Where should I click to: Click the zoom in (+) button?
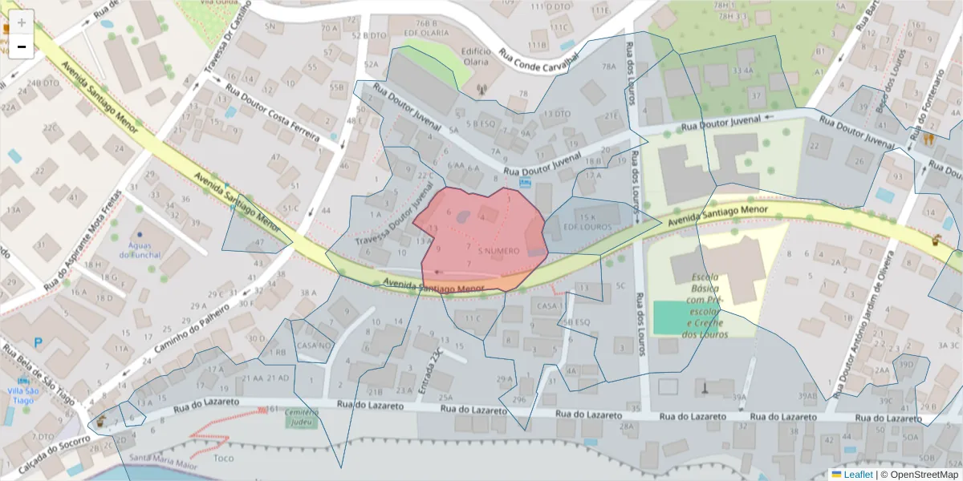click(21, 22)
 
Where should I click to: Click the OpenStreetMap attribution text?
click(924, 475)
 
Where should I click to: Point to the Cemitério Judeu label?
click(302, 417)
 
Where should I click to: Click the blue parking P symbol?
click(38, 342)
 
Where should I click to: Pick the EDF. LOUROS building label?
click(587, 227)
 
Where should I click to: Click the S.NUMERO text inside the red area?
click(498, 251)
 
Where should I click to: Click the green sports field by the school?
click(675, 318)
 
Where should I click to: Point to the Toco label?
click(224, 459)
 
